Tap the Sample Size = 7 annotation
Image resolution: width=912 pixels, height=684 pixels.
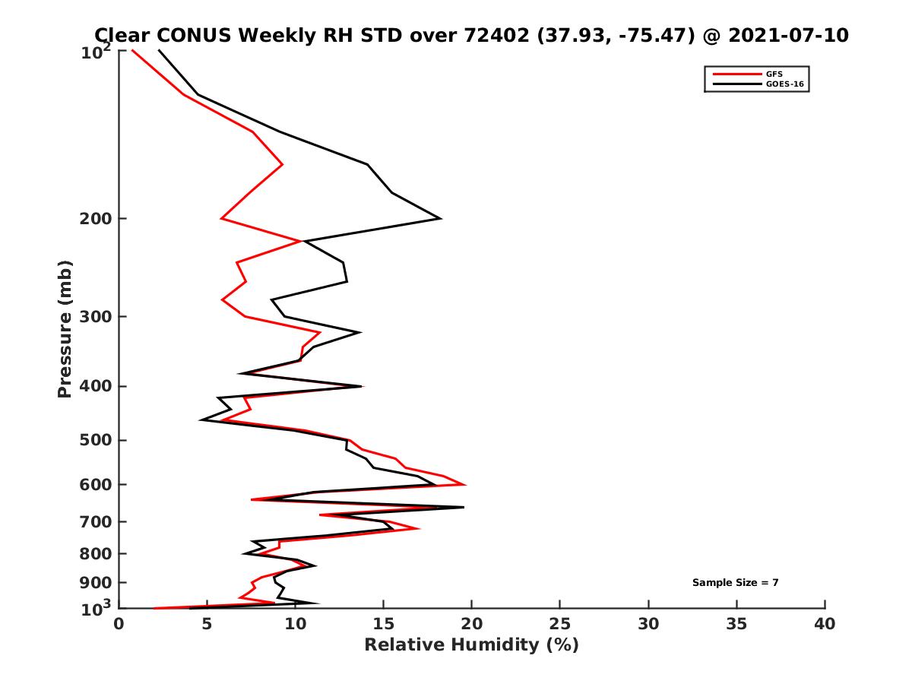click(x=735, y=583)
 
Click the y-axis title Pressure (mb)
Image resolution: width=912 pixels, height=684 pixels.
click(x=65, y=328)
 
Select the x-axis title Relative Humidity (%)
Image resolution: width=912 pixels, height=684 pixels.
click(x=471, y=645)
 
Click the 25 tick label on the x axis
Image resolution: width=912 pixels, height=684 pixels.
click(x=560, y=624)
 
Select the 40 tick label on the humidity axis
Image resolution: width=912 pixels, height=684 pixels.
click(x=825, y=624)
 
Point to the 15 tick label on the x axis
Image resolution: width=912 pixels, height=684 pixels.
click(x=384, y=624)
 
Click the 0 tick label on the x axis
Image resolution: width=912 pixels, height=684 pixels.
click(x=119, y=624)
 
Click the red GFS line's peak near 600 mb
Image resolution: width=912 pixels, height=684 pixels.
click(x=464, y=484)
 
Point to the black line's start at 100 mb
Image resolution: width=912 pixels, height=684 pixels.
click(x=159, y=50)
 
